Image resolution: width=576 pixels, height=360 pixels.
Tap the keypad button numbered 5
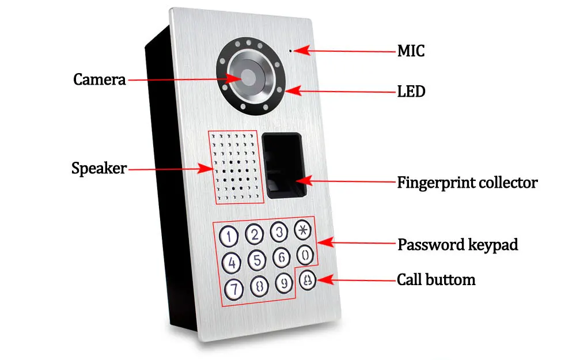pyautogui.click(x=257, y=260)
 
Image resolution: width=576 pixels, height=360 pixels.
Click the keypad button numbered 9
pyautogui.click(x=284, y=282)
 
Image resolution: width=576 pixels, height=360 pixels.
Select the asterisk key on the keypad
pyautogui.click(x=303, y=230)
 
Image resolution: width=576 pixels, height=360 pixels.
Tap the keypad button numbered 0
pyautogui.click(x=305, y=255)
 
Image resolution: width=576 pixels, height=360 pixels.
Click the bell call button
pyautogui.click(x=308, y=280)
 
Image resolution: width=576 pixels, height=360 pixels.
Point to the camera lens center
pyautogui.click(x=248, y=77)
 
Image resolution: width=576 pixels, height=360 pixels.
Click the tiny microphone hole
pyautogui.click(x=290, y=51)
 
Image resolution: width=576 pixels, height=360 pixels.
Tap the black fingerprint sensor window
pyautogui.click(x=284, y=165)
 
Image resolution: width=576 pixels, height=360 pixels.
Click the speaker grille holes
pyautogui.click(x=236, y=167)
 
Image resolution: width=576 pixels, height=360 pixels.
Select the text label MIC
pyautogui.click(x=411, y=51)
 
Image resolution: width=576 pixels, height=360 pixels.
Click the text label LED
pyautogui.click(x=411, y=92)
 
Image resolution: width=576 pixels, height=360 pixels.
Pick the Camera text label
pyautogui.click(x=99, y=79)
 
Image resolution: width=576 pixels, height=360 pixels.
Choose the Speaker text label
pyautogui.click(x=99, y=169)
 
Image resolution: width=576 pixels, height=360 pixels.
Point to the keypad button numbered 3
pyautogui.click(x=279, y=232)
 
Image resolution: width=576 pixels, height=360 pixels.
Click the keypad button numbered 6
pyautogui.click(x=282, y=257)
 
